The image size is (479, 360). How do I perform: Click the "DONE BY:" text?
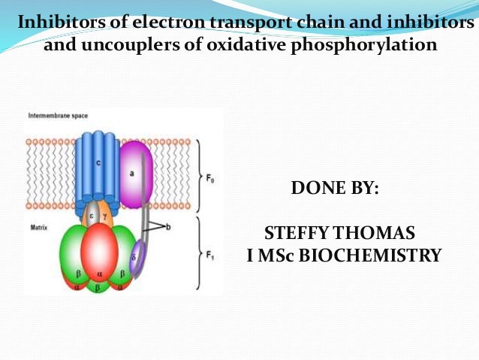(336, 187)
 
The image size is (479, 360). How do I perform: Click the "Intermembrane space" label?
(57, 116)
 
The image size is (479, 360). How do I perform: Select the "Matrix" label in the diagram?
(38, 224)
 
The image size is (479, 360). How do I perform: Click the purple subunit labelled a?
(135, 174)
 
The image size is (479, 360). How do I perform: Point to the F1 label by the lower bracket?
(211, 255)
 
